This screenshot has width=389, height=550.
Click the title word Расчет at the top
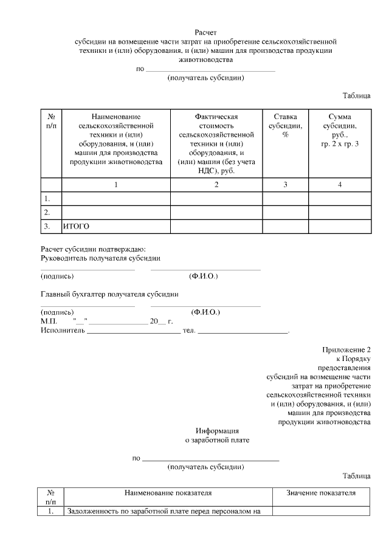(205, 32)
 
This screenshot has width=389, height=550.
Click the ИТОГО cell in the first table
(77, 226)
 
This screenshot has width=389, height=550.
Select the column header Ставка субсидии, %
(284, 125)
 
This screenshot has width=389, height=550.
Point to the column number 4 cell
(340, 185)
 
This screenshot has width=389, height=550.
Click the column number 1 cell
(116, 185)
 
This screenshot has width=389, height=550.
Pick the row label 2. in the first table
(46, 212)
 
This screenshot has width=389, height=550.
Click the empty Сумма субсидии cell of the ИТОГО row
(340, 226)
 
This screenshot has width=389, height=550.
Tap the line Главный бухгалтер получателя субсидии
(109, 294)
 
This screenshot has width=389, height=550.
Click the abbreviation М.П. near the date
(49, 321)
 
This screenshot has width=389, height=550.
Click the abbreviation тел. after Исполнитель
(188, 330)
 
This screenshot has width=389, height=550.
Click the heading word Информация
(217, 430)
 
